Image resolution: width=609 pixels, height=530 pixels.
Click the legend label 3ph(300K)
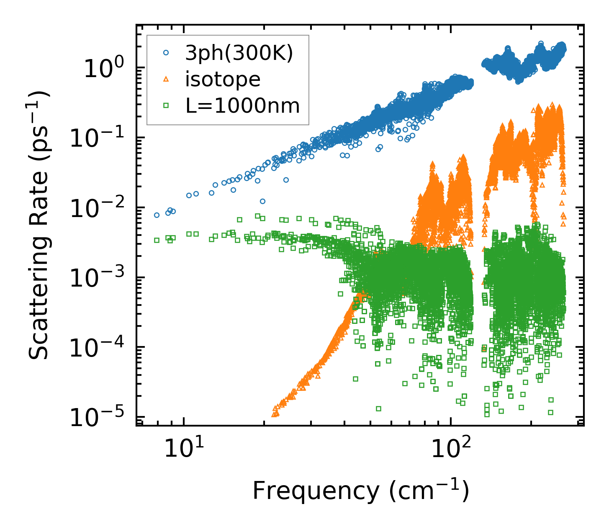click(x=239, y=54)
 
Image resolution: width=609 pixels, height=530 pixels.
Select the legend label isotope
click(x=223, y=79)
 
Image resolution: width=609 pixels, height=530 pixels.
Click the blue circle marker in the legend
click(x=166, y=53)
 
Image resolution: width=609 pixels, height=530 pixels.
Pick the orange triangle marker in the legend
click(x=166, y=79)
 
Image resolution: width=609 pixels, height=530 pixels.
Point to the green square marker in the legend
click(x=166, y=106)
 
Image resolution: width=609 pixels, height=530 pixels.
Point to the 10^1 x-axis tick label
click(x=183, y=449)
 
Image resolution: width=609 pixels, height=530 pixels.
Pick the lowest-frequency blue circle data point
click(x=157, y=215)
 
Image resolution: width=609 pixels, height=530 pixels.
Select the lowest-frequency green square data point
click(x=157, y=240)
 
